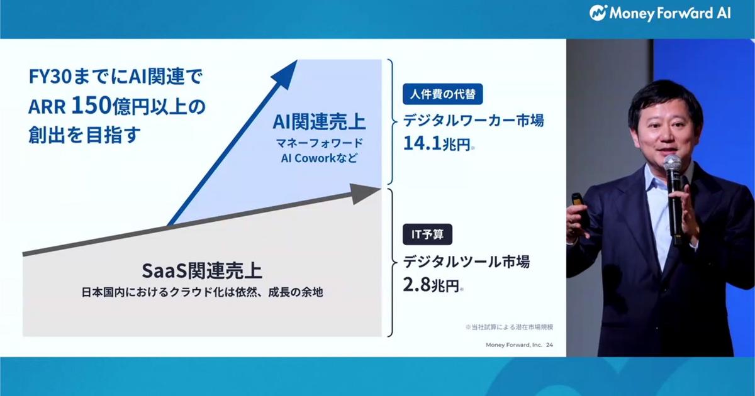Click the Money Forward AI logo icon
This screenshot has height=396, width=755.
tap(598, 13)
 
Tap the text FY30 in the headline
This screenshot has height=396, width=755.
tap(48, 78)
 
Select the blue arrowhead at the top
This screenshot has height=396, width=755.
tap(290, 71)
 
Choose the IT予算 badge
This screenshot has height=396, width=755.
tap(427, 234)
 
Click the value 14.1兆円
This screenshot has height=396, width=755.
tap(437, 144)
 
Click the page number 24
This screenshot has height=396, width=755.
tap(550, 344)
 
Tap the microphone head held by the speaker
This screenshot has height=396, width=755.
tap(672, 164)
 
